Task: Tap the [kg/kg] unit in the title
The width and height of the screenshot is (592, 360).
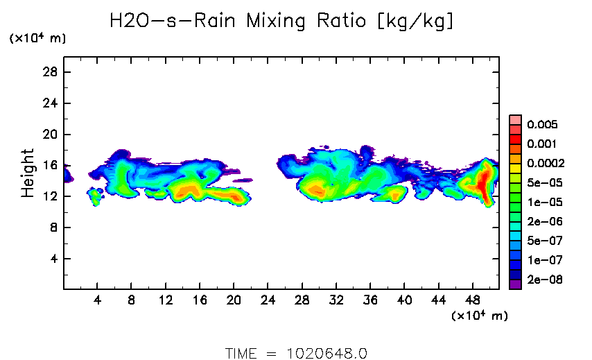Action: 415,22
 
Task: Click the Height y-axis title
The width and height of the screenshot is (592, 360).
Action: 28,173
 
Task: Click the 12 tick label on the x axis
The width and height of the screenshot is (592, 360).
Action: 166,301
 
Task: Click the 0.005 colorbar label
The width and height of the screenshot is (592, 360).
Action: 542,125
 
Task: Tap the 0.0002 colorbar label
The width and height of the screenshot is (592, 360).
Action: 546,164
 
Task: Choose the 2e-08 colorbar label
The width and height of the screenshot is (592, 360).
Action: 543,280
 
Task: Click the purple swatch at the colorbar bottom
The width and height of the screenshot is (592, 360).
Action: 515,284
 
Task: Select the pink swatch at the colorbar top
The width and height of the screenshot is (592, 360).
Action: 515,119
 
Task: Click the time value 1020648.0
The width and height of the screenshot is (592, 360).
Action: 327,353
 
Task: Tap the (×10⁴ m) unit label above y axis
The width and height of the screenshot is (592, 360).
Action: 37,39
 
